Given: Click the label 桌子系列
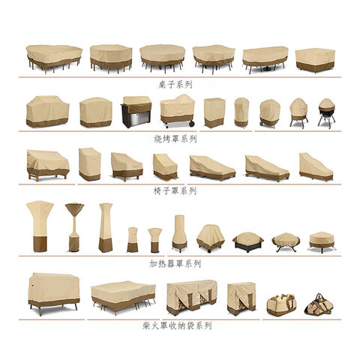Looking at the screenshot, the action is point(175,85).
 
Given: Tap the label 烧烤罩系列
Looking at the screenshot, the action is point(175,139).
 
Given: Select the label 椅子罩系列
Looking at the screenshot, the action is point(175,191).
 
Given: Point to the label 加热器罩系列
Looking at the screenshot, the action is point(175,263).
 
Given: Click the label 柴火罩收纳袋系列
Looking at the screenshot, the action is point(177,325).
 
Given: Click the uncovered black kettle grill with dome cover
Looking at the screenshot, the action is point(326,113).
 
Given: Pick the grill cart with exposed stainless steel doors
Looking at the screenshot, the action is point(136,112).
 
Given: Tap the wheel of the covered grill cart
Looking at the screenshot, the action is point(192,123).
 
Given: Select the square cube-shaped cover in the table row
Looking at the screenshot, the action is point(315,60).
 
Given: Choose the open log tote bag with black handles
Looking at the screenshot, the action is point(319,304).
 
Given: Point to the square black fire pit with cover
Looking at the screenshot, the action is point(248,242).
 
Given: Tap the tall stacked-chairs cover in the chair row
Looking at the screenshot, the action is point(89,164).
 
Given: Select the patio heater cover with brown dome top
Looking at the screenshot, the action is point(74,227).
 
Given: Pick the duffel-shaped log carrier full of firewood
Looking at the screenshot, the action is point(281,305).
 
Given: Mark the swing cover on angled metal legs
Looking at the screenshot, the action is point(54,294).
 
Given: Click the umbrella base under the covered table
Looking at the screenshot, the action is point(267,68).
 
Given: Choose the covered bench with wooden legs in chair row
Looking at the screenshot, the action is point(47,165).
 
